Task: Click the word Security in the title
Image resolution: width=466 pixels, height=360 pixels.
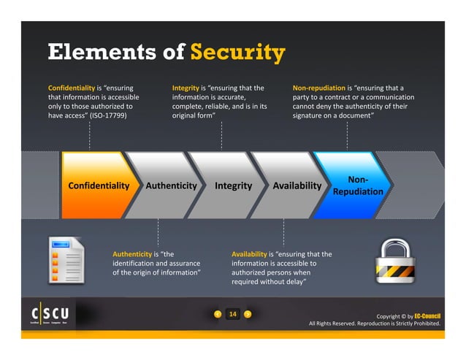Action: coord(237,53)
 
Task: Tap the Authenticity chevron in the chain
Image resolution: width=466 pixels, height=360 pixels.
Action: coord(171,185)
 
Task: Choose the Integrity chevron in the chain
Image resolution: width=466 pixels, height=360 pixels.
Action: coord(233,185)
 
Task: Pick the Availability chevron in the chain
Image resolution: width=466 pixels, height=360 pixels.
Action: coord(297,185)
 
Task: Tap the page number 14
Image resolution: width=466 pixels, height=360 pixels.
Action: coord(233,314)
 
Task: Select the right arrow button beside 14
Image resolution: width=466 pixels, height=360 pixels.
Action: coord(248,314)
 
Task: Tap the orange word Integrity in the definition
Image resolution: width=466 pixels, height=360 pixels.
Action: coord(186,88)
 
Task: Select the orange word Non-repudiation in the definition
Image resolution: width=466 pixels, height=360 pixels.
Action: coord(318,88)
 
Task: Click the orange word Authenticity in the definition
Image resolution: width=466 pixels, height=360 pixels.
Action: coord(131,254)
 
